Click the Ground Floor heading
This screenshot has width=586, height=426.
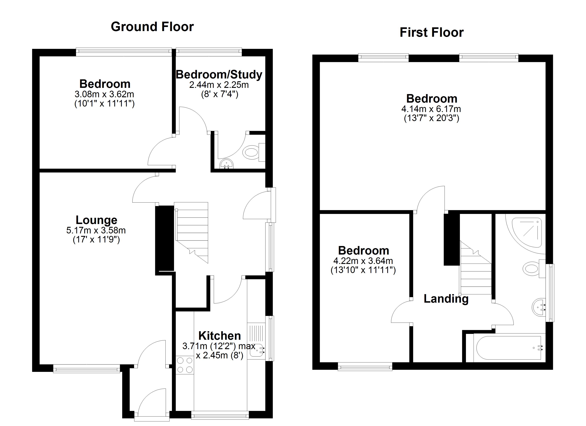click(x=152, y=27)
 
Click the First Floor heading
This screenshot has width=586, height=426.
click(x=432, y=32)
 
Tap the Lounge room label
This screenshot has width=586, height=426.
click(x=96, y=220)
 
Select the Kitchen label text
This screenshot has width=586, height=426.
click(x=219, y=336)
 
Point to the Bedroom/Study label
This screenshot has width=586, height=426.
click(x=219, y=75)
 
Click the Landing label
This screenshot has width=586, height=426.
click(x=446, y=299)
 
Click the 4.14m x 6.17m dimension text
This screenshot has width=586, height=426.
click(x=431, y=109)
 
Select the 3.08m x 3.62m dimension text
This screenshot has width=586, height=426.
click(x=104, y=94)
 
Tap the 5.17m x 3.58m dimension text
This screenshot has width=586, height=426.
click(x=96, y=230)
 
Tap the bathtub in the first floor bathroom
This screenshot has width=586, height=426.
click(x=508, y=348)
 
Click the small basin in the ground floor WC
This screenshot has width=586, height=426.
click(x=227, y=164)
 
